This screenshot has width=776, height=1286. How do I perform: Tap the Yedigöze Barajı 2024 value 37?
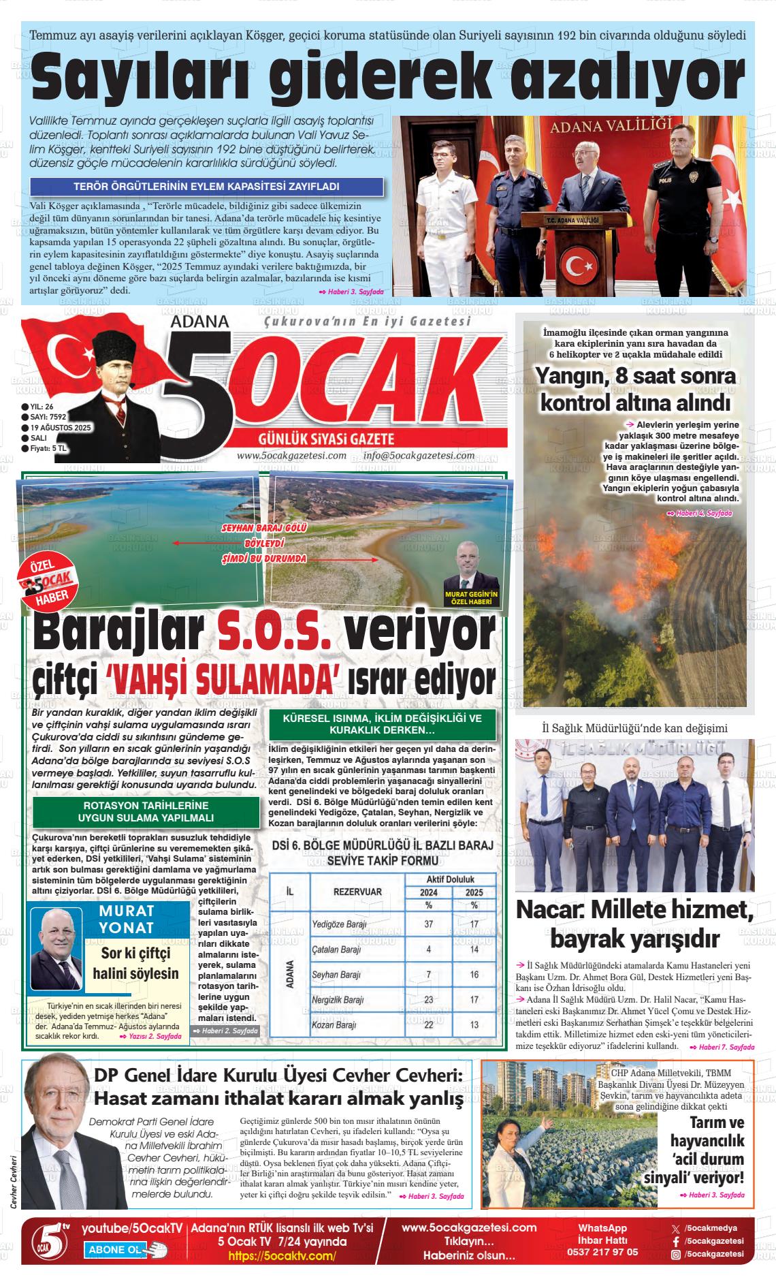coord(428,924)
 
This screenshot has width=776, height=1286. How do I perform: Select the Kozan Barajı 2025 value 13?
coord(474,1024)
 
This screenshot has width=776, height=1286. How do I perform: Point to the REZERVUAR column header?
coord(357,892)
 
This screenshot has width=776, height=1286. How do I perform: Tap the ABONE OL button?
coord(116,1250)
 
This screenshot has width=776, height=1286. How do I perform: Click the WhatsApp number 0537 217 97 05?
coord(602,1252)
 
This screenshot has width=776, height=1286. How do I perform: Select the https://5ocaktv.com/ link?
coord(282,1256)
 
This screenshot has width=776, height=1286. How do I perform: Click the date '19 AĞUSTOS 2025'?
coord(61,427)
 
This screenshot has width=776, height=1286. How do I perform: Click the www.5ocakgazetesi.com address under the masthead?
coord(291,456)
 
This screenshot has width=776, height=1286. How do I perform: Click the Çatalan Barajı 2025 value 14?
coord(474,950)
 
